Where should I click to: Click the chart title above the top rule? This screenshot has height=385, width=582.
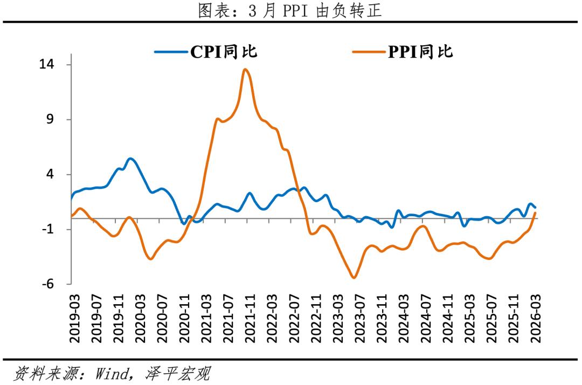click(x=290, y=11)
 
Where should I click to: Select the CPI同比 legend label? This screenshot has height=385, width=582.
click(x=224, y=51)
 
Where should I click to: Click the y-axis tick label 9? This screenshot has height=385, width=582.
click(x=52, y=120)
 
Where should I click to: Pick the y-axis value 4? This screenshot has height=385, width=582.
click(x=52, y=175)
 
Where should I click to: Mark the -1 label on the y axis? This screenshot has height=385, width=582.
click(x=49, y=229)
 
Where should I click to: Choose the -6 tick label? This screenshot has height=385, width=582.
click(x=49, y=284)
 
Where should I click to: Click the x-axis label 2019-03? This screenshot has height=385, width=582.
click(x=73, y=318)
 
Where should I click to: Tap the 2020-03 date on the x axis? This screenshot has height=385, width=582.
click(x=139, y=318)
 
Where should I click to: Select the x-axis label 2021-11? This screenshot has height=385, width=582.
click(x=249, y=318)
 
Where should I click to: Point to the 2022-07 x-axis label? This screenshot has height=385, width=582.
click(x=293, y=318)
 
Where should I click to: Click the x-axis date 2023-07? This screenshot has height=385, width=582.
click(x=359, y=318)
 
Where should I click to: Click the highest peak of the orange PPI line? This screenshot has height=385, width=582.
click(x=245, y=69)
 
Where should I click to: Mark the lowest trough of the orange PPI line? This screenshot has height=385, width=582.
click(x=354, y=278)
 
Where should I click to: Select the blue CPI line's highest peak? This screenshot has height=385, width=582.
click(x=130, y=159)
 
